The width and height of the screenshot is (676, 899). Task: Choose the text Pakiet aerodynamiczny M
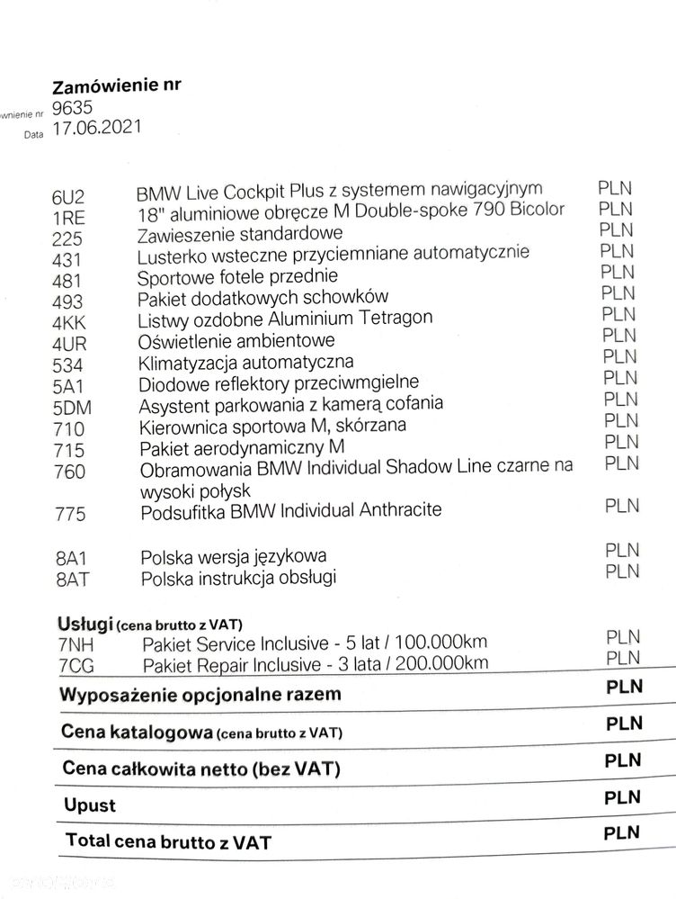click(x=243, y=447)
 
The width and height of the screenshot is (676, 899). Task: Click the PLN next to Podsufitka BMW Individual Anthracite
click(x=622, y=506)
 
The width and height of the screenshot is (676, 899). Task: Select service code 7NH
click(x=76, y=643)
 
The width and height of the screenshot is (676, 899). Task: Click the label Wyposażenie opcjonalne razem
click(x=200, y=696)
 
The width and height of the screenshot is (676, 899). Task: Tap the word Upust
click(x=89, y=804)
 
